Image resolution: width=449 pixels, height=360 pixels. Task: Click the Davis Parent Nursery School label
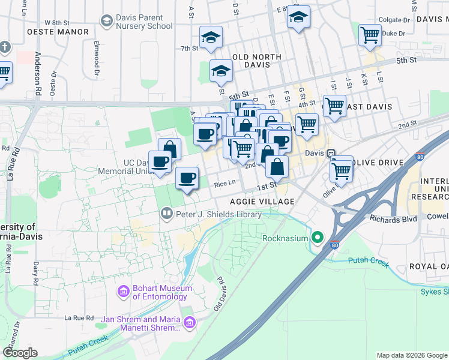click(144, 22)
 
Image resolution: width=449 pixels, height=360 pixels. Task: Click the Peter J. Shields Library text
click(218, 214)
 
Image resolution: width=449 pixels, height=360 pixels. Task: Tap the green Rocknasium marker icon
click(318, 237)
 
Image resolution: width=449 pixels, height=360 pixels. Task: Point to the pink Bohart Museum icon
click(124, 292)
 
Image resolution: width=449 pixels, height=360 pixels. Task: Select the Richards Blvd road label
click(393, 219)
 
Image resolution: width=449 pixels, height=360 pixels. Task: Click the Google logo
click(20, 353)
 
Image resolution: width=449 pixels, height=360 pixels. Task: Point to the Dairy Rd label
click(36, 272)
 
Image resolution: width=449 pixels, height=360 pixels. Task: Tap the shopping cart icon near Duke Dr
click(370, 35)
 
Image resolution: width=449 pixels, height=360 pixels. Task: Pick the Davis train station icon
click(331, 153)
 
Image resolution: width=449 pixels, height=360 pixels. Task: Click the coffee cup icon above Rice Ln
click(187, 178)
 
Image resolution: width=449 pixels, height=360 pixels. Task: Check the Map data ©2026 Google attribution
click(412, 355)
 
